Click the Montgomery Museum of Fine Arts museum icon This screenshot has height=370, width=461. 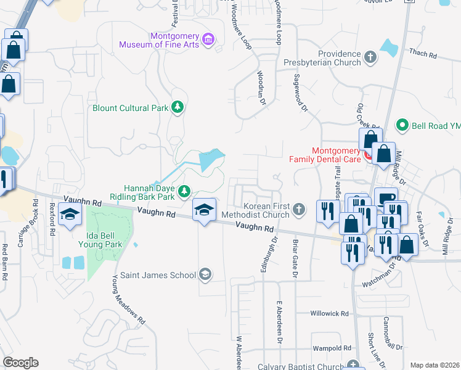pyautogui.click(x=208, y=40)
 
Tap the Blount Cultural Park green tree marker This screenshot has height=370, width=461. pyautogui.click(x=177, y=108)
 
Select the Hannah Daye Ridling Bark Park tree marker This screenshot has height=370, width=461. pyautogui.click(x=184, y=192)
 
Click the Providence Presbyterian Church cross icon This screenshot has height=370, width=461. pyautogui.click(x=370, y=57)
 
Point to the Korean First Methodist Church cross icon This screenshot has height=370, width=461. pyautogui.click(x=298, y=210)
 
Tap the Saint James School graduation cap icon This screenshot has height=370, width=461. pyautogui.click(x=205, y=274)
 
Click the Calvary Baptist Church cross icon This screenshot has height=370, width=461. pyautogui.click(x=352, y=365)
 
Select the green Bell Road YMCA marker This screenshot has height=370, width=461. pyautogui.click(x=402, y=125)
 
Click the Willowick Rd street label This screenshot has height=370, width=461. pyautogui.click(x=330, y=313)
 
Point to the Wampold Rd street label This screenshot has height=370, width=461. pyautogui.click(x=332, y=348)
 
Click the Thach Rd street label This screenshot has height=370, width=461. pyautogui.click(x=423, y=54)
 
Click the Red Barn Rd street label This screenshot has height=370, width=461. pyautogui.click(x=4, y=262)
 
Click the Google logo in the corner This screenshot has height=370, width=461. pyautogui.click(x=20, y=363)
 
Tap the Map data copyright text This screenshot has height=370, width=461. pyautogui.click(x=434, y=365)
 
